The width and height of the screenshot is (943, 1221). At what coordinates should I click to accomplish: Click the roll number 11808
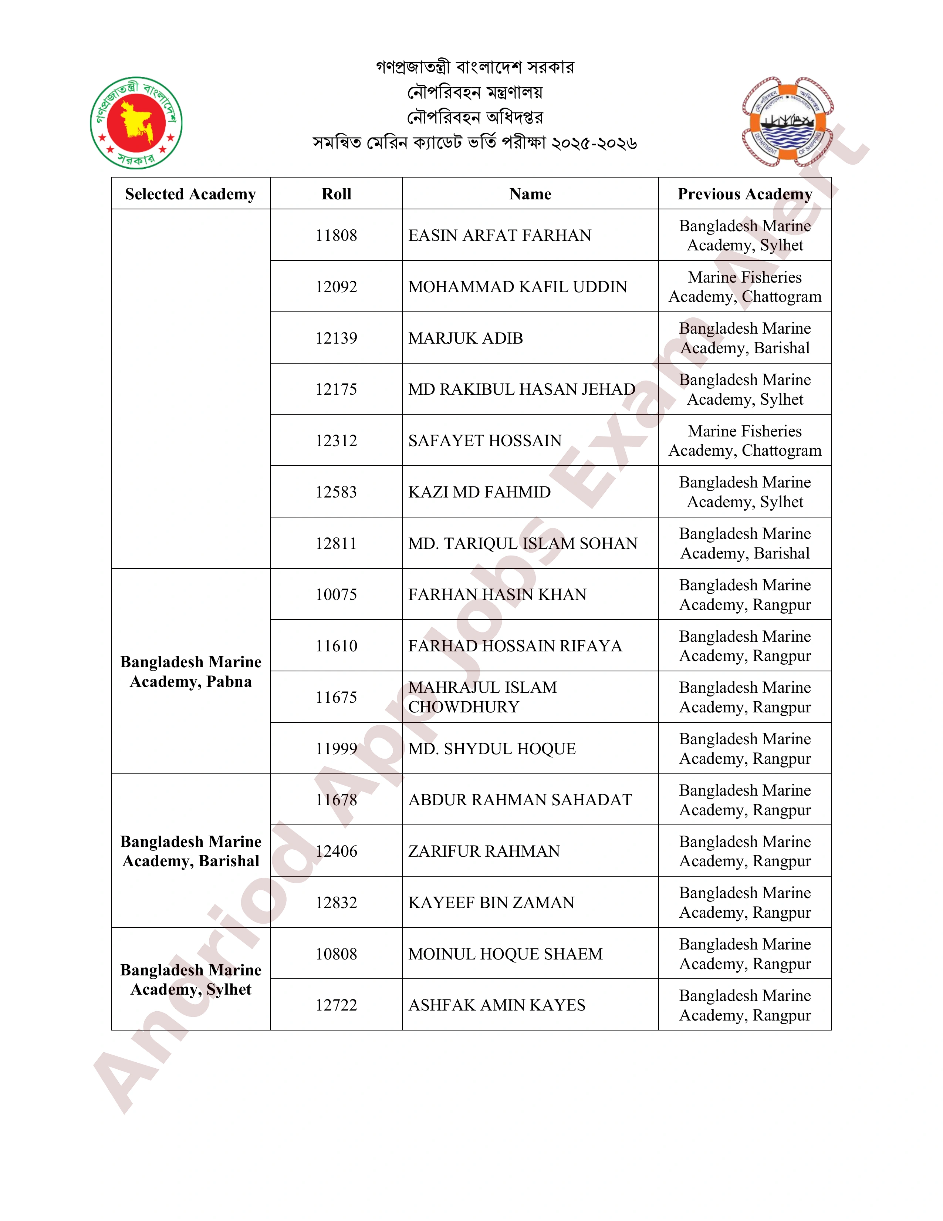point(336,235)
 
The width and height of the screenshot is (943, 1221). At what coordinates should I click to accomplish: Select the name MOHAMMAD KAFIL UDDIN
point(518,287)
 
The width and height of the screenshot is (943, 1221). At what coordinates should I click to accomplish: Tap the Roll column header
point(336,194)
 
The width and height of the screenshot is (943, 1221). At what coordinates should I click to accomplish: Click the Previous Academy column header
point(744,194)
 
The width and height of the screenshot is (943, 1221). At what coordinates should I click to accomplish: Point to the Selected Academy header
point(190,194)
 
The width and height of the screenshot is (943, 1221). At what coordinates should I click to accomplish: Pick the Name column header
point(530,194)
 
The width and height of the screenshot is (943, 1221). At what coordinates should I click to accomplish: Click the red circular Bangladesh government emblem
point(136,122)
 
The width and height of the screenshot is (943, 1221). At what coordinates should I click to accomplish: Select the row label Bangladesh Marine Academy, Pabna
point(190,671)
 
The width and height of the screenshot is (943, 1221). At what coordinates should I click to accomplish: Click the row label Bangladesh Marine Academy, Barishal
point(190,851)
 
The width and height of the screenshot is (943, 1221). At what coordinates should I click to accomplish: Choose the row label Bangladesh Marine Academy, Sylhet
point(190,979)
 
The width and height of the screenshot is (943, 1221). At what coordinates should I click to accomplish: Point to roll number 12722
point(336,1005)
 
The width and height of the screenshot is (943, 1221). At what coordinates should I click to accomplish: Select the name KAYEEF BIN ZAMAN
point(491,902)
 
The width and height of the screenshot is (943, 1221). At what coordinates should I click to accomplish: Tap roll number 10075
point(336,594)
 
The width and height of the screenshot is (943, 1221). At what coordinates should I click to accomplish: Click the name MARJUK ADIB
point(465,338)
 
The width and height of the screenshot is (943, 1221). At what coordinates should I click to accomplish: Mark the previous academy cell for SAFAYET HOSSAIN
point(744,441)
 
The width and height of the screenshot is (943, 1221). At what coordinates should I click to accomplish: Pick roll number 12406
point(336,851)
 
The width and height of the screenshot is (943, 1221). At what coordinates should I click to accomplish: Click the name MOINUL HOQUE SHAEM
point(505,954)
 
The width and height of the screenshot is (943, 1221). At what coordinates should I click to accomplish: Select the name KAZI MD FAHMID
point(479,492)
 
